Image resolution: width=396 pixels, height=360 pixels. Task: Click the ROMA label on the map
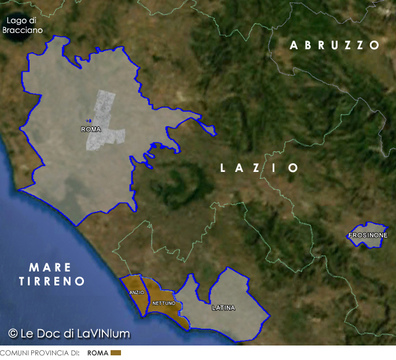coord(91,130)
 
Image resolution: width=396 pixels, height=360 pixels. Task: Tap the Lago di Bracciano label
coord(23,25)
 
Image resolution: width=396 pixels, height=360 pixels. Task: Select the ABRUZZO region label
coord(335,45)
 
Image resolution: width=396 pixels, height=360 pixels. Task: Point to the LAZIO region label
coord(260,168)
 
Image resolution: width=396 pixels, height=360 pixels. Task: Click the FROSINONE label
coord(368,236)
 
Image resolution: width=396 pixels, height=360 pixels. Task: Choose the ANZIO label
coord(137,293)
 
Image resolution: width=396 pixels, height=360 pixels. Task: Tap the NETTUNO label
coord(164,303)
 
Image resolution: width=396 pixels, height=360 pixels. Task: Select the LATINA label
coord(223,308)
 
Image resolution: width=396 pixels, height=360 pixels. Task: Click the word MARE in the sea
coord(50,267)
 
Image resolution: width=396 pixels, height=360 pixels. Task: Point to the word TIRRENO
coord(52,282)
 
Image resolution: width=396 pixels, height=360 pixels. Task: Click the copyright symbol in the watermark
coord(13,333)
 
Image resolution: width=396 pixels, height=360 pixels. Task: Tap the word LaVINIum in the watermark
coord(104,333)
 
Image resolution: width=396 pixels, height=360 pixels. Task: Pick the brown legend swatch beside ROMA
coord(115,352)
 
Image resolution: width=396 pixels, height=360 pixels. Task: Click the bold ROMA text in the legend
coord(97,352)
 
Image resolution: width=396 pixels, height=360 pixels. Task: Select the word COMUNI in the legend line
coord(13,352)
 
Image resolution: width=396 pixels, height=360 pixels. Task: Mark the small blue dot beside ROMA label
coord(88,120)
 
